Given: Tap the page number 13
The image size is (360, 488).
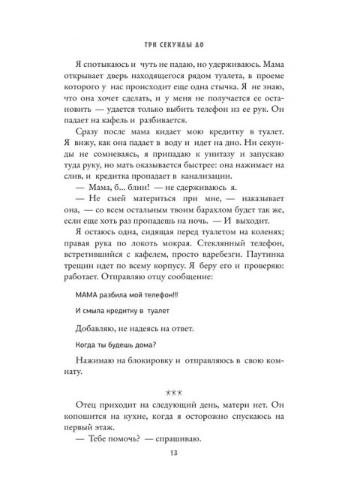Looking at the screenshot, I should [179, 452].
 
